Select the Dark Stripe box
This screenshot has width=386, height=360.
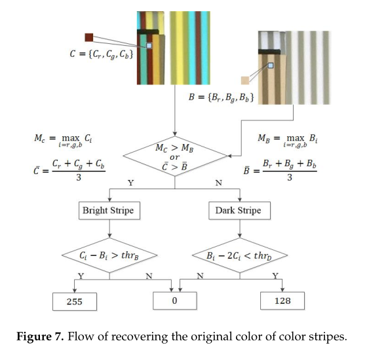(x=238, y=211)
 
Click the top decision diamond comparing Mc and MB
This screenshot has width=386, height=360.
(x=174, y=159)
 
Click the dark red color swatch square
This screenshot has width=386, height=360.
(x=89, y=38)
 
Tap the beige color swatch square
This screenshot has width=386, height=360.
(x=245, y=81)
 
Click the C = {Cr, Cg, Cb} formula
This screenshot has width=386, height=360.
(x=104, y=56)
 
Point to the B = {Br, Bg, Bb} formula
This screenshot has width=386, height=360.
(x=221, y=98)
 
